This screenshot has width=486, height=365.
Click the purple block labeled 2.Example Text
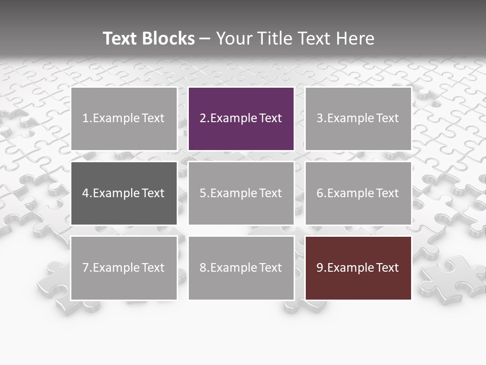(x=241, y=119)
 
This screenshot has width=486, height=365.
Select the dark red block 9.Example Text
(x=358, y=268)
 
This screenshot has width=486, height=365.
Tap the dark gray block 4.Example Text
(x=124, y=193)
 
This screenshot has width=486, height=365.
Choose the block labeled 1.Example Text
(x=124, y=119)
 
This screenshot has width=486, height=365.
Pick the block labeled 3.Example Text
(x=358, y=119)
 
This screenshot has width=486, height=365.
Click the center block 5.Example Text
(x=241, y=193)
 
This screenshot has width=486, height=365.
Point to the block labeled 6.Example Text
(x=358, y=193)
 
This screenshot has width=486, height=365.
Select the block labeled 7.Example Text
(x=124, y=268)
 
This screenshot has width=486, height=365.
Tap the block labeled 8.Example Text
(x=241, y=268)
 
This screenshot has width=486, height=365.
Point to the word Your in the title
(x=233, y=39)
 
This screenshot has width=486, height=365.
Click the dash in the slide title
(x=205, y=39)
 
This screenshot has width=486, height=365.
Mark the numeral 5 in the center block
(x=202, y=193)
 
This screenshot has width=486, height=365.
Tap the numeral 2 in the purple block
(x=202, y=119)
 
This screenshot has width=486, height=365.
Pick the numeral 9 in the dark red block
(x=319, y=268)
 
